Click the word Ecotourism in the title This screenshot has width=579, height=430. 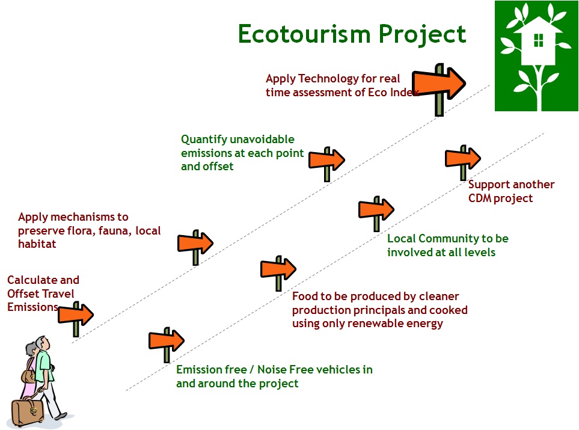tap(304, 34)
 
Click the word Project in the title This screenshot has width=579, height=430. tap(422, 35)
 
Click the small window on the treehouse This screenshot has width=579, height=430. tap(539, 40)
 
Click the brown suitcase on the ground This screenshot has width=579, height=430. tap(27, 412)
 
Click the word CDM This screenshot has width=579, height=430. tap(480, 198)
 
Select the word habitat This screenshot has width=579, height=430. tap(37, 244)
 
